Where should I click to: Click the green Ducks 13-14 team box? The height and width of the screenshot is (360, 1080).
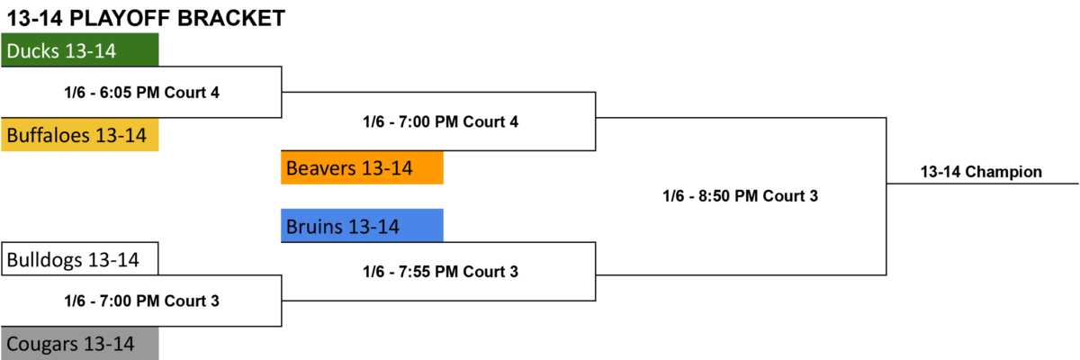(79, 49)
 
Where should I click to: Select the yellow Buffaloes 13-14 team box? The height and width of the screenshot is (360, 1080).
(79, 134)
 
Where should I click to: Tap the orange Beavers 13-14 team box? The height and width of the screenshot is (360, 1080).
(362, 167)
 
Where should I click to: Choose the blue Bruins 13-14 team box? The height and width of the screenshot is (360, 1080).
(362, 226)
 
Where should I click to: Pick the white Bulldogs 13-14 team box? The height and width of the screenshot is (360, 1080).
(79, 259)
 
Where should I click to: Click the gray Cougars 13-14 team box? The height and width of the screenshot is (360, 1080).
(79, 343)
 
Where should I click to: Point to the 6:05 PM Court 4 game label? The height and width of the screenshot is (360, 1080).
(142, 93)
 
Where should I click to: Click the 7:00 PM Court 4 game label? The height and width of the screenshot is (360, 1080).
(441, 121)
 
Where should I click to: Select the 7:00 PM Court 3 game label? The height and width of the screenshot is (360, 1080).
(142, 301)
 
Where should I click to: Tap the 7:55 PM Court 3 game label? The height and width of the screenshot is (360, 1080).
(441, 272)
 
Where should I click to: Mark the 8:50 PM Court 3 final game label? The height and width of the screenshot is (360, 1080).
(740, 196)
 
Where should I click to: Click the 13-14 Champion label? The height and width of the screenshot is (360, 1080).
(981, 172)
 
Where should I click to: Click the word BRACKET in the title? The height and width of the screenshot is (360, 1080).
(231, 18)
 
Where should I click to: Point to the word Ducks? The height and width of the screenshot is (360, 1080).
(32, 50)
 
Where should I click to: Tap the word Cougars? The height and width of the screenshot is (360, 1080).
(42, 345)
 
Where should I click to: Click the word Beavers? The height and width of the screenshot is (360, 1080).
(321, 168)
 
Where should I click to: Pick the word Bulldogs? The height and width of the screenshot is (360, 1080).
(44, 260)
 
